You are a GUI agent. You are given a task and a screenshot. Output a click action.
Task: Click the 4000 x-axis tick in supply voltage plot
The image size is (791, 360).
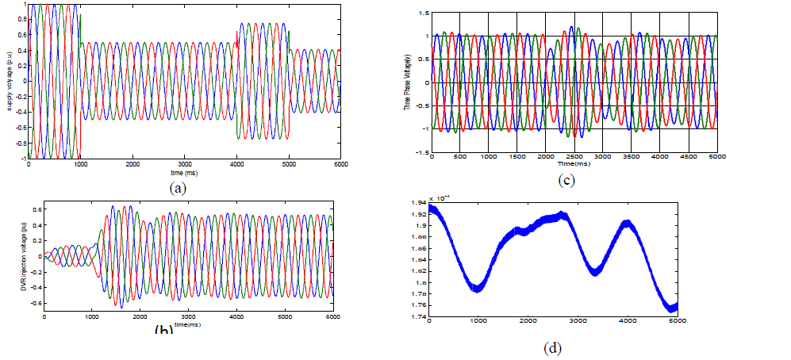(x=236, y=164)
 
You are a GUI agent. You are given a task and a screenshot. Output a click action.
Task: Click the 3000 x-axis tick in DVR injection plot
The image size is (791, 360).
(x=189, y=322)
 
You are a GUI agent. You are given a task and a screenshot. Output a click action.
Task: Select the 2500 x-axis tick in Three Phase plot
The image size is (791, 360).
(x=574, y=156)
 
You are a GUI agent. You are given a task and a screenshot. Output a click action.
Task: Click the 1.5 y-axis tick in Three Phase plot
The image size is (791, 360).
(x=423, y=13)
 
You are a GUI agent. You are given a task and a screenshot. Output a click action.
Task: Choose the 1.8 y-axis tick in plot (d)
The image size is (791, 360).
(x=417, y=282)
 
